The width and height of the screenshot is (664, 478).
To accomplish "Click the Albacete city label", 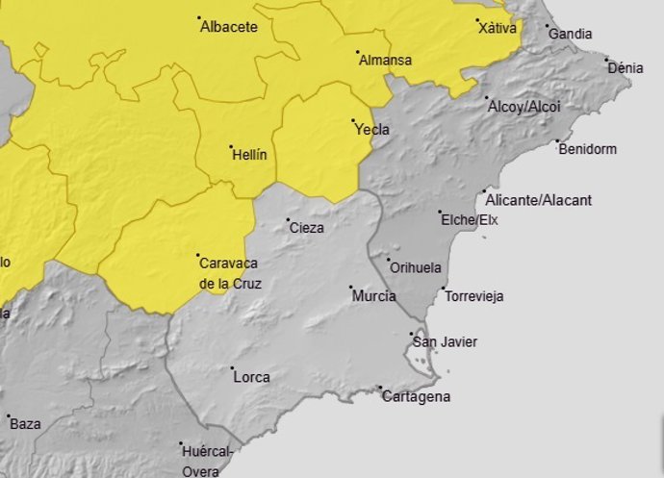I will pos(229,27).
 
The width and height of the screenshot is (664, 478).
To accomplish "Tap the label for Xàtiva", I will pos(498,28).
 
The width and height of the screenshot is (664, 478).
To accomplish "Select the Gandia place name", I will pos(570,34).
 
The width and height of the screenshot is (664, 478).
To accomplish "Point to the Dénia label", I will pos(626,68).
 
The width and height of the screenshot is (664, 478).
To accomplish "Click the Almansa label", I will pos(385,60).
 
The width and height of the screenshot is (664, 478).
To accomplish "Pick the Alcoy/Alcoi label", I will pos(524,106).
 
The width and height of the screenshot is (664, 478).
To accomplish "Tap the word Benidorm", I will pos(587,149).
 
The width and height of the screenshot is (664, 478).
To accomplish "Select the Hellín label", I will pos(249,154).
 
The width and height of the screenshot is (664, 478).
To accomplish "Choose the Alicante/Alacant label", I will pos(539,200).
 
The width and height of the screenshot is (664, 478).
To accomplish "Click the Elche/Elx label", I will pos(470,219).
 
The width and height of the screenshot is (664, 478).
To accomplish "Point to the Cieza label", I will pos(306,228).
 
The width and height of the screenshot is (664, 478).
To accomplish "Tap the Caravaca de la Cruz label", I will pos(229,272).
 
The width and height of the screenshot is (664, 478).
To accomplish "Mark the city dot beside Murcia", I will pos(350,288).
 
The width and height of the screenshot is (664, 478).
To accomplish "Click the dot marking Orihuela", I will pos(389,260).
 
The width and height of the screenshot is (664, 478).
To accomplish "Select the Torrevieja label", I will pos(473,296).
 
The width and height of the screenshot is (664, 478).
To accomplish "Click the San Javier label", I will pos(445,341).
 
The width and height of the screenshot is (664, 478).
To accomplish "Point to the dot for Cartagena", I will pos(381,389).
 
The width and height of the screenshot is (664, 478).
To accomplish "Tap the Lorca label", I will pos(251,377).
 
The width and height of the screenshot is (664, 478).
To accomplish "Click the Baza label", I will pos(25,423).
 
